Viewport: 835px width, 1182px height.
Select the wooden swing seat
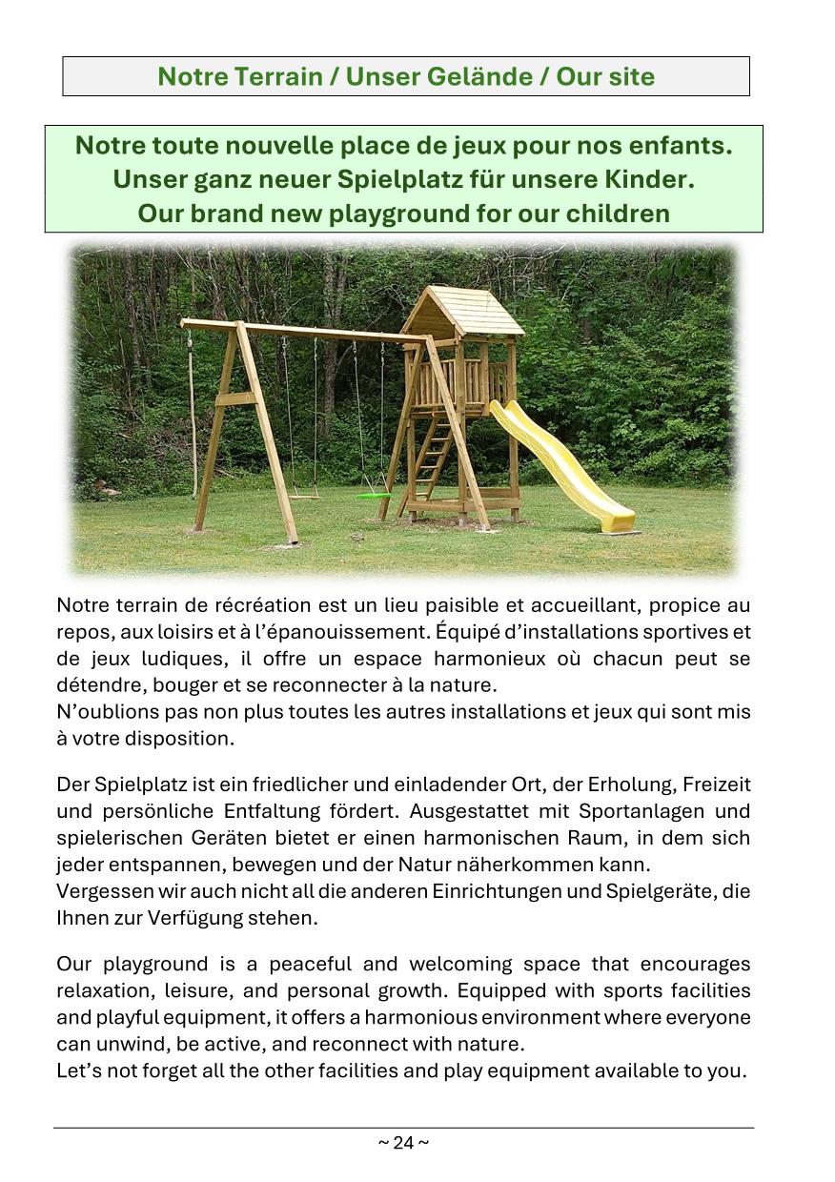pos(304,495)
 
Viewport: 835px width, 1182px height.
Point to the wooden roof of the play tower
pos(462,311)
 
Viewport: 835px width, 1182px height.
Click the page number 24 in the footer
pos(403,1142)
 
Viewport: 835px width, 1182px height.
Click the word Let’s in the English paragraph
pos(78,1070)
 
